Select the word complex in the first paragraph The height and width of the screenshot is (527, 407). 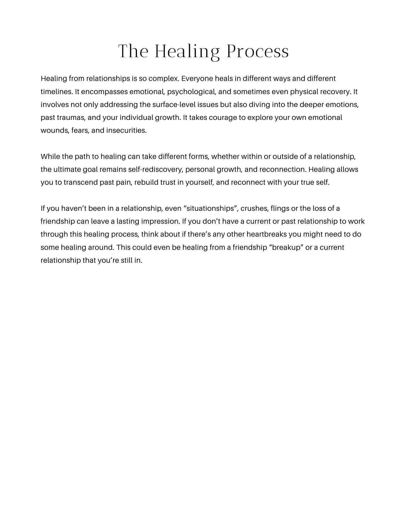coord(164,79)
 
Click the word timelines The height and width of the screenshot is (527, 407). coord(57,92)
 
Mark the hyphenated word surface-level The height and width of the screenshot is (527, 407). coord(174,105)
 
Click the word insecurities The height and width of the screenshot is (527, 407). coord(126,130)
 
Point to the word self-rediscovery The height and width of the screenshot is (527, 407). coord(155,169)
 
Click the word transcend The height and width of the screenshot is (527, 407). coord(80,182)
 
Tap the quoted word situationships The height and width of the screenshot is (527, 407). coord(210,208)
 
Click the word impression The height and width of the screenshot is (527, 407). coord(160,221)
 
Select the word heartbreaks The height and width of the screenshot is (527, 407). coord(266,234)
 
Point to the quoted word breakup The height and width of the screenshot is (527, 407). coord(286,247)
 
